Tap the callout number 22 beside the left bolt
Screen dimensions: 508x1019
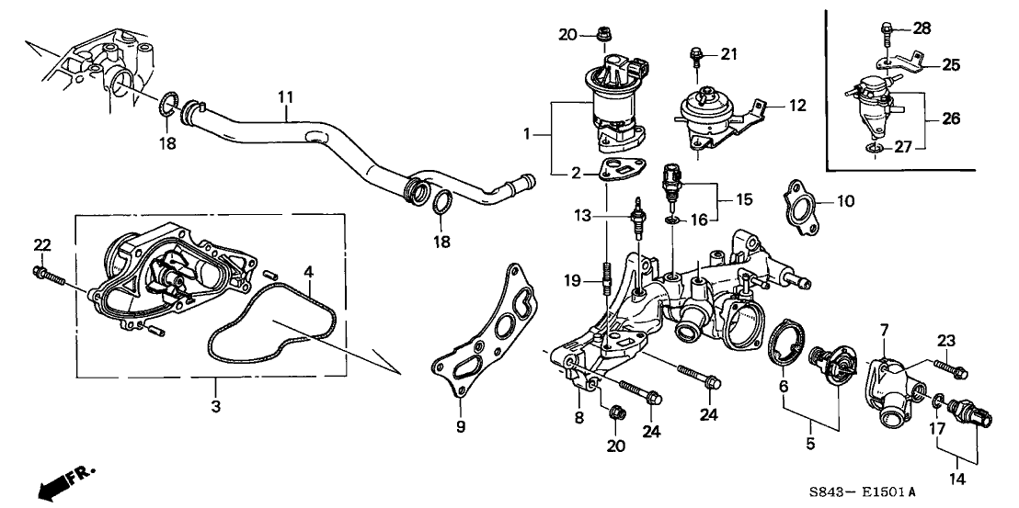pos(41,244)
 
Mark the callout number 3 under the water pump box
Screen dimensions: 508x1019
pos(216,405)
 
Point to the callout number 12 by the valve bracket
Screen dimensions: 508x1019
pos(796,106)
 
